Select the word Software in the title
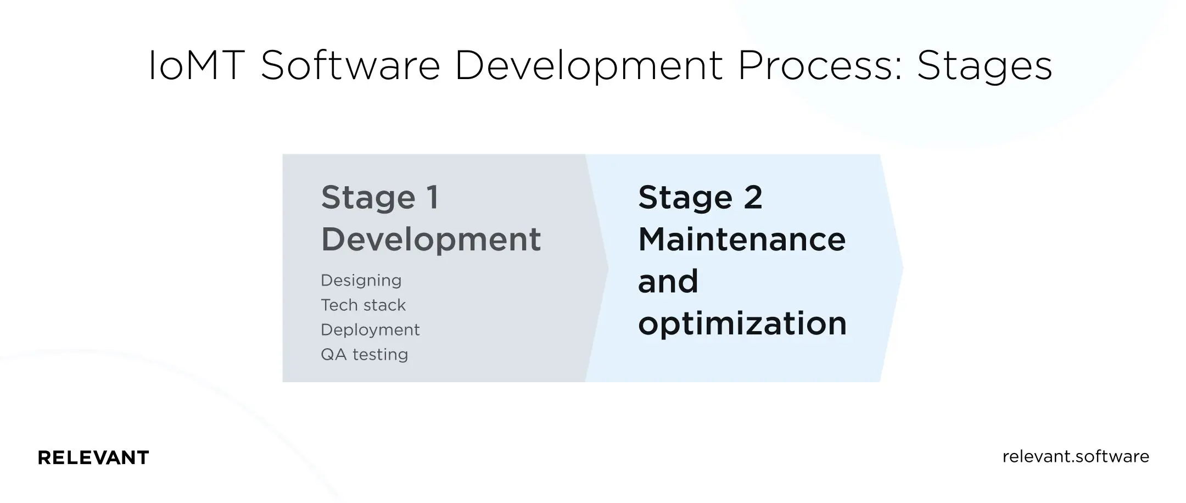click(350, 66)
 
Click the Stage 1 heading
click(380, 197)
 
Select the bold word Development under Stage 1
click(431, 239)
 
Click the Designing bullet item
click(361, 281)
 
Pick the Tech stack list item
click(363, 305)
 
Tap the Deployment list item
click(370, 329)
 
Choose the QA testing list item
click(365, 354)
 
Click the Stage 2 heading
click(700, 197)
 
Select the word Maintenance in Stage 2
click(742, 239)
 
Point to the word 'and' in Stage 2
click(668, 281)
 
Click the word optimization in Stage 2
click(742, 323)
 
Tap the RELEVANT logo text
click(93, 457)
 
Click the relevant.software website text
click(1076, 457)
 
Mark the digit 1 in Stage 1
click(433, 197)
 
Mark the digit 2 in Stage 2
click(753, 197)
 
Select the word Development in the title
click(588, 66)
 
